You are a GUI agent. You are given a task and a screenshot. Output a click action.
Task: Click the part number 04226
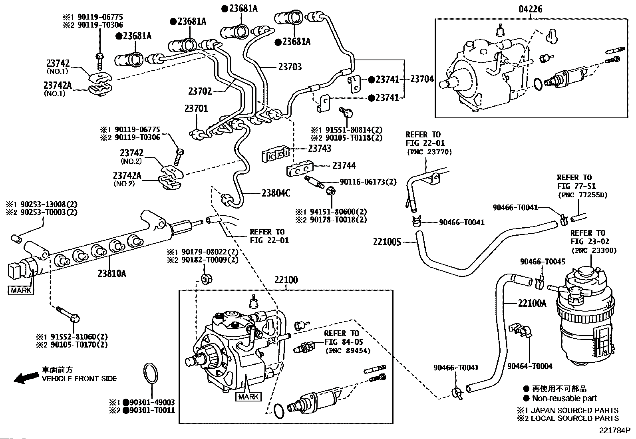530,9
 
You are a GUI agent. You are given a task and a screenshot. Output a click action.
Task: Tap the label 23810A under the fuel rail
112,274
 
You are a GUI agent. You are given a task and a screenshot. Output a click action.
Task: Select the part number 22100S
387,242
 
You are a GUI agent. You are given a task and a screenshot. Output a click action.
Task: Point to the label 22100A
532,303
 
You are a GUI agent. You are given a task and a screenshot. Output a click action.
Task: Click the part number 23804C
276,193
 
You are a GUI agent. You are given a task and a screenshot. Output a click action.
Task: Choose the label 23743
320,148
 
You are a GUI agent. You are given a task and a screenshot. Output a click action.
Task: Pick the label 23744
344,165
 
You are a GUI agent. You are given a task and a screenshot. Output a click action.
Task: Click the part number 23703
290,67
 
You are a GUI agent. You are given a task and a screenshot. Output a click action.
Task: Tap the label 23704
422,79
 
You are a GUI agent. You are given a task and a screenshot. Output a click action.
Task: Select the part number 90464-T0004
530,366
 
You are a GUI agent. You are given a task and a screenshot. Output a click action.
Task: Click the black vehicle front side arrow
26,377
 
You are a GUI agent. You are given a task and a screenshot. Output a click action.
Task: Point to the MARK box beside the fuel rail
21,290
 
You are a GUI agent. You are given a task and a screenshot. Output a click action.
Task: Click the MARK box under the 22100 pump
248,396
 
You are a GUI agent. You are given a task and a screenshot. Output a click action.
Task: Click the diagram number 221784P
614,431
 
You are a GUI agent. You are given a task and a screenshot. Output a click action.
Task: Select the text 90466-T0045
543,262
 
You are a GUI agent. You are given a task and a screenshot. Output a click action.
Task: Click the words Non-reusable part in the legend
564,398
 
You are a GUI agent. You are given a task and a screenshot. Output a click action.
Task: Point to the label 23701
196,108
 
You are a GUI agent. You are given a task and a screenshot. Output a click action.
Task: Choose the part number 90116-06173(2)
368,182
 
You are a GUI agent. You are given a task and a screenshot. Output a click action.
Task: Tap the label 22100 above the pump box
286,280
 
